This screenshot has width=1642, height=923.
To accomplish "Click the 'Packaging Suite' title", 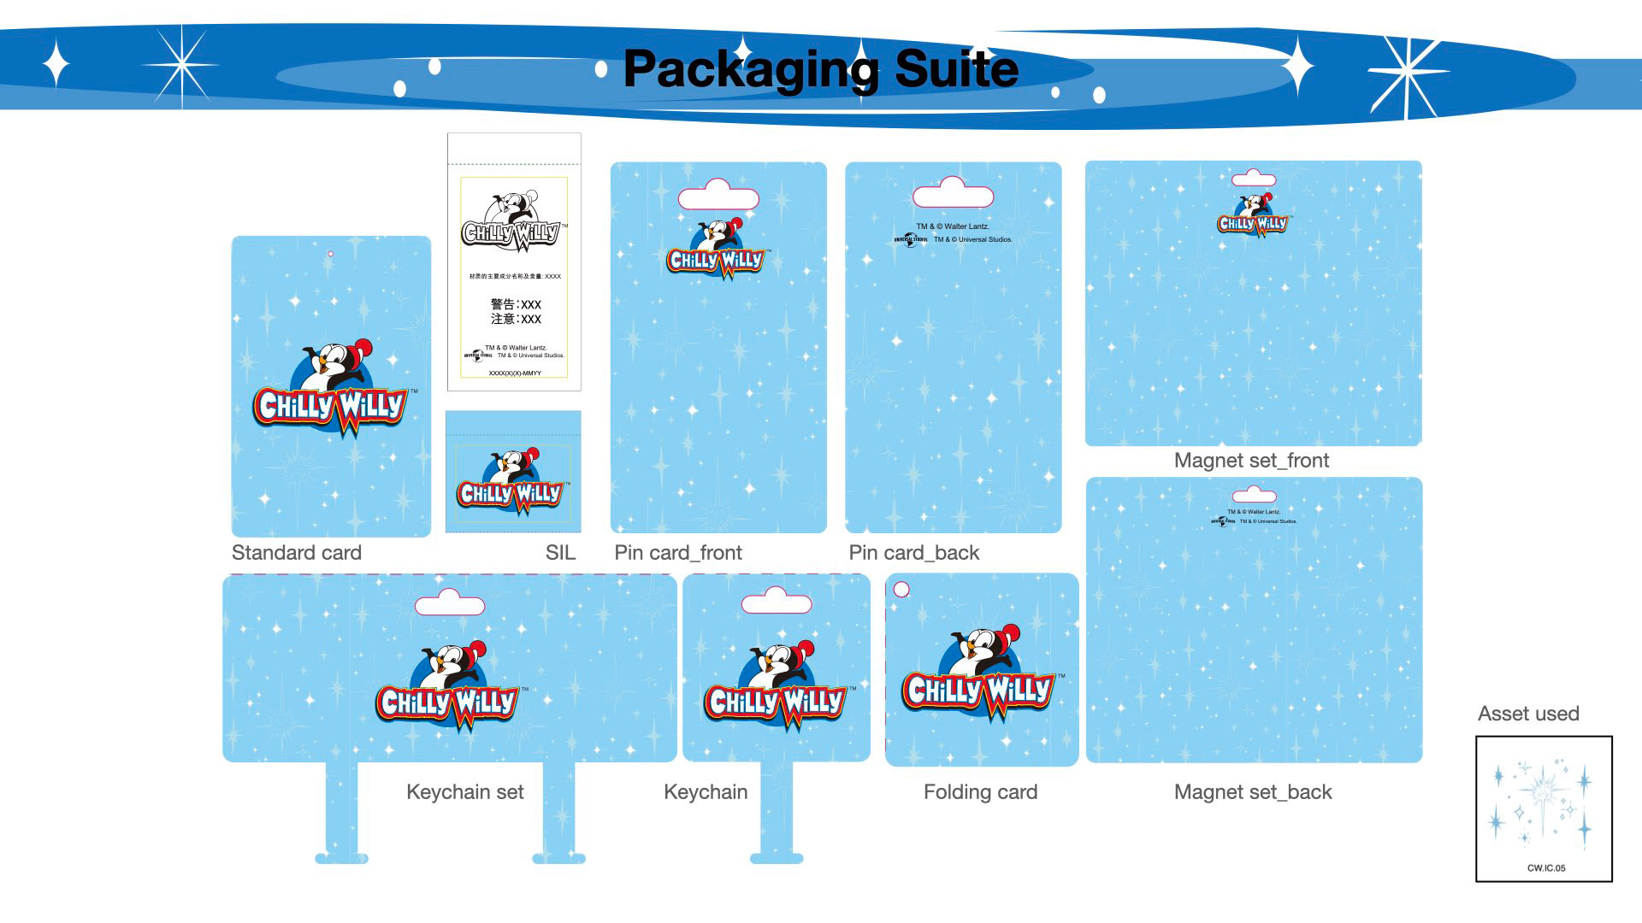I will click(x=820, y=69).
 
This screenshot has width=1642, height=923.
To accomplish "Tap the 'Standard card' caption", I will click(x=297, y=553).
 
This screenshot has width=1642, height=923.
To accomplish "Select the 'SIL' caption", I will click(x=560, y=553).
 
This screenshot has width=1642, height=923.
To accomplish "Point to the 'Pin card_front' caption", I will click(x=678, y=553).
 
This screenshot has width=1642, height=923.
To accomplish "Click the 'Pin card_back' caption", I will click(x=913, y=553).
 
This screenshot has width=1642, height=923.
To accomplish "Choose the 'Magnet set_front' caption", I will click(x=1251, y=461).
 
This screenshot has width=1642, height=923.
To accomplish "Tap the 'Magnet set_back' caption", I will click(x=1253, y=792).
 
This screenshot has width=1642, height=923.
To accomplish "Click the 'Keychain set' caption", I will click(x=465, y=792).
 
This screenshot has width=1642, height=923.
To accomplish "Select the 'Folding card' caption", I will click(x=980, y=792).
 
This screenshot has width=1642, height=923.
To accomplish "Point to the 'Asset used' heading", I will click(x=1528, y=714).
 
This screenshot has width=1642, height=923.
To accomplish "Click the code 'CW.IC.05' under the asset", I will click(x=1546, y=868).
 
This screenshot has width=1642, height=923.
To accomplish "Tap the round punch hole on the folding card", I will click(x=901, y=589).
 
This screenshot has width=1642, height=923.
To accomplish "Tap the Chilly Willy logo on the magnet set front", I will click(x=1253, y=215).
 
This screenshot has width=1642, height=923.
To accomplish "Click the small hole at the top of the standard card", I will click(x=331, y=253).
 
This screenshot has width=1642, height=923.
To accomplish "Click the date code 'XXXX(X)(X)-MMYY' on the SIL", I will click(x=515, y=373).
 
